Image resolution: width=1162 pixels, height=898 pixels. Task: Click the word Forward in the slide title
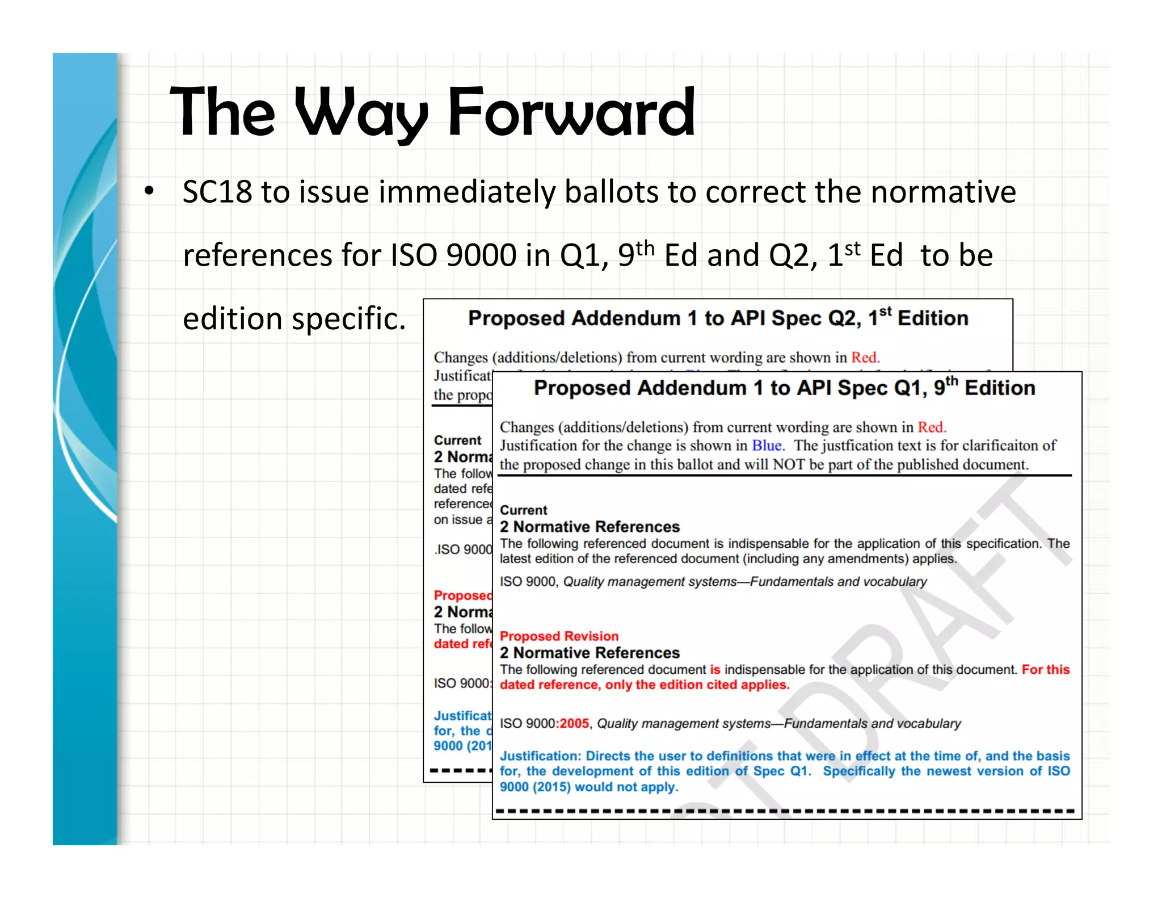(x=571, y=112)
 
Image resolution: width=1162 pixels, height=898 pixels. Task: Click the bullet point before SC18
(x=149, y=191)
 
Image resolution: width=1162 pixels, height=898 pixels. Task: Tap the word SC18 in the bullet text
(x=217, y=192)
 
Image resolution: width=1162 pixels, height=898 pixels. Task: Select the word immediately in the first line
(x=466, y=192)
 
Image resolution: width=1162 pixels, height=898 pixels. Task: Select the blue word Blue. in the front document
(x=768, y=446)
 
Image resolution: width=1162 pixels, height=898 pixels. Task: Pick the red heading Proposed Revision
(x=559, y=636)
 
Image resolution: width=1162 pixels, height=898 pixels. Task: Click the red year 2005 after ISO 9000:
(x=574, y=724)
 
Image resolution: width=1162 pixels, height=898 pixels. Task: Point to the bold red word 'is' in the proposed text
(x=715, y=670)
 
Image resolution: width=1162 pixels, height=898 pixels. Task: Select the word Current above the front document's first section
(x=523, y=510)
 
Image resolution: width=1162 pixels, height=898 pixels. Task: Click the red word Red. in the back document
(x=865, y=358)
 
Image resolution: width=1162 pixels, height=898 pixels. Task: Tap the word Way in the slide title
(x=361, y=112)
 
